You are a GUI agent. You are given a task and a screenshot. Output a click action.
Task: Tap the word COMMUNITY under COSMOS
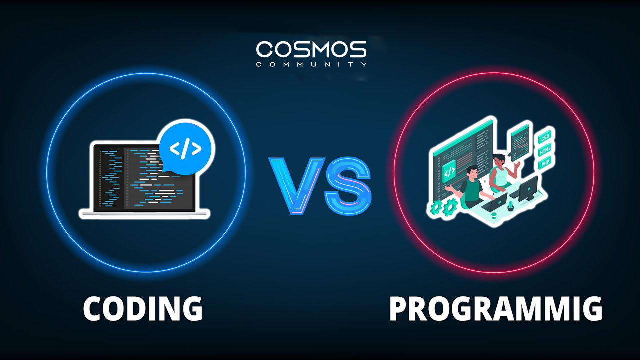[x=311, y=64]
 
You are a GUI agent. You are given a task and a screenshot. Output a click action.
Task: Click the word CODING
[x=143, y=308]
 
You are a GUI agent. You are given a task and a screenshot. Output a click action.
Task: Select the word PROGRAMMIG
[x=495, y=308]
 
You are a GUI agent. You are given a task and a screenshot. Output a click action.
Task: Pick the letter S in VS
[x=348, y=184]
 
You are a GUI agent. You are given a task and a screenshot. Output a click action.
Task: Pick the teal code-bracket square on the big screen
[x=449, y=171]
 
